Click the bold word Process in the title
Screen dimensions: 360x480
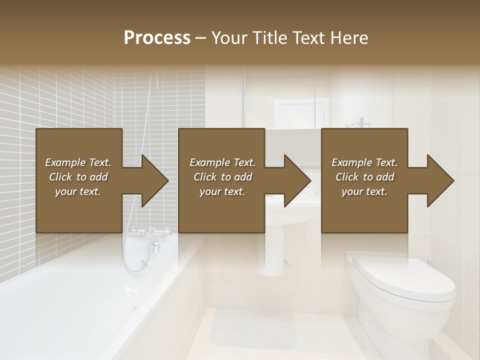click(x=157, y=38)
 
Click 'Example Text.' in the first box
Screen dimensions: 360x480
click(x=78, y=162)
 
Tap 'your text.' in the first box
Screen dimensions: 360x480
click(x=78, y=191)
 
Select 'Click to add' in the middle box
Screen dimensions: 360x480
click(x=222, y=177)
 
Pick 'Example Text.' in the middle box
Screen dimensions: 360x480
click(x=222, y=162)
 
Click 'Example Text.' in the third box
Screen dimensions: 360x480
click(x=364, y=162)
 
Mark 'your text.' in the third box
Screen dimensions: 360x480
click(x=364, y=191)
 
